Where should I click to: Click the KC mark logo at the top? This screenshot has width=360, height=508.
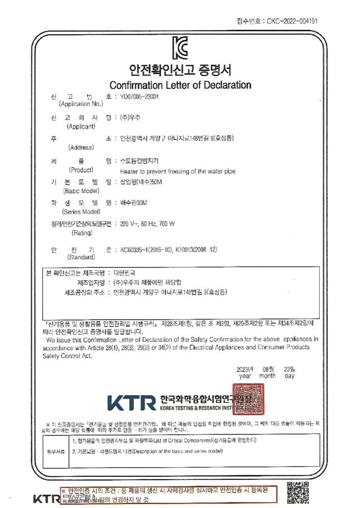click(x=180, y=48)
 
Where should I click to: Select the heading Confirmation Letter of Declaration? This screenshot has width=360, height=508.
click(x=180, y=85)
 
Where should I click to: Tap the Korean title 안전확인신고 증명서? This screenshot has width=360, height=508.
click(x=180, y=69)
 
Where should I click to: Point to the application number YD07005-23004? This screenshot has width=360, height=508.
click(x=140, y=97)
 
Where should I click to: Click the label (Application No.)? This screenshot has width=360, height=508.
click(x=81, y=104)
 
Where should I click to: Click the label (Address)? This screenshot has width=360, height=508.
click(x=81, y=147)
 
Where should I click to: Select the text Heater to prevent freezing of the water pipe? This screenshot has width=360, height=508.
click(x=178, y=172)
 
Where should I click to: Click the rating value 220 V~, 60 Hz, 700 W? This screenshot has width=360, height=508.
click(x=147, y=224)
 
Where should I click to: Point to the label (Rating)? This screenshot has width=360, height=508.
click(x=82, y=232)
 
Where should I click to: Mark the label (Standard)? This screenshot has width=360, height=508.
click(x=81, y=257)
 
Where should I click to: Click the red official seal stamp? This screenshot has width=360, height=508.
click(x=248, y=397)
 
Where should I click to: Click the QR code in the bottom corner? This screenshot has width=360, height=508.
click(x=298, y=492)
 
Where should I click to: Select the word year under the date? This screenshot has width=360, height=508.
click(x=245, y=377)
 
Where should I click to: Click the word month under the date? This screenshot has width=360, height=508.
click(x=268, y=377)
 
